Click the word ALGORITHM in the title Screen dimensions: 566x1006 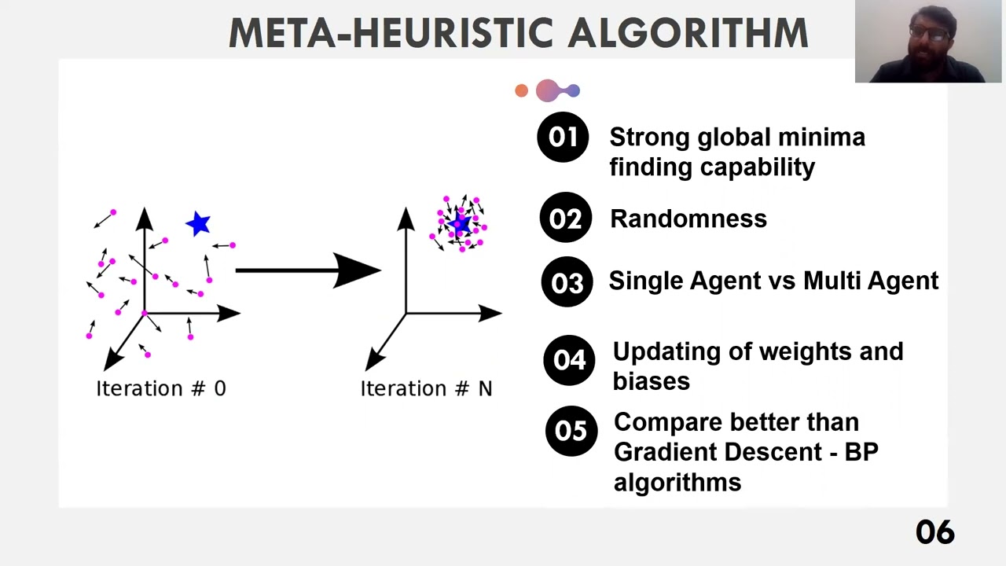coord(688,33)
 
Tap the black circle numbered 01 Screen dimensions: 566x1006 coord(563,137)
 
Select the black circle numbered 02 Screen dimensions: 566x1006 coord(565,218)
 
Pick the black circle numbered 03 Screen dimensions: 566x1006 coord(567,282)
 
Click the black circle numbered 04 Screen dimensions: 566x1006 coord(569,360)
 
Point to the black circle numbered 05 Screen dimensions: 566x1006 coord(571,431)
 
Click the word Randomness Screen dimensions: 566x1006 coord(688,219)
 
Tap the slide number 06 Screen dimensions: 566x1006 coord(934,532)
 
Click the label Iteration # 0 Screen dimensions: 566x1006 coord(160,388)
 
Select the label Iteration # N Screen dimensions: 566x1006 coord(426,388)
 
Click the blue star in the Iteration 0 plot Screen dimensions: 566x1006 coord(199,224)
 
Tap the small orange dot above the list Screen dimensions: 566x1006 coord(521,91)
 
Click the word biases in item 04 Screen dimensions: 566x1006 coord(651,381)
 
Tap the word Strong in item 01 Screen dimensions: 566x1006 coord(649,138)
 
